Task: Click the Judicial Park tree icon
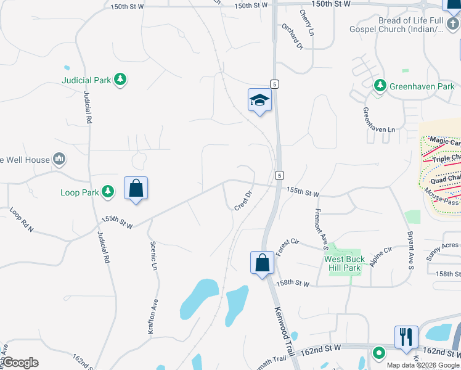121,80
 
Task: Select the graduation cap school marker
259,101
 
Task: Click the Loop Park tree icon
108,192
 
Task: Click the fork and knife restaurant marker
406,337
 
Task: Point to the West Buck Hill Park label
345,264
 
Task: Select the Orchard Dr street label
292,36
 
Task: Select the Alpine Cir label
380,257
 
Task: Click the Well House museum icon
59,160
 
